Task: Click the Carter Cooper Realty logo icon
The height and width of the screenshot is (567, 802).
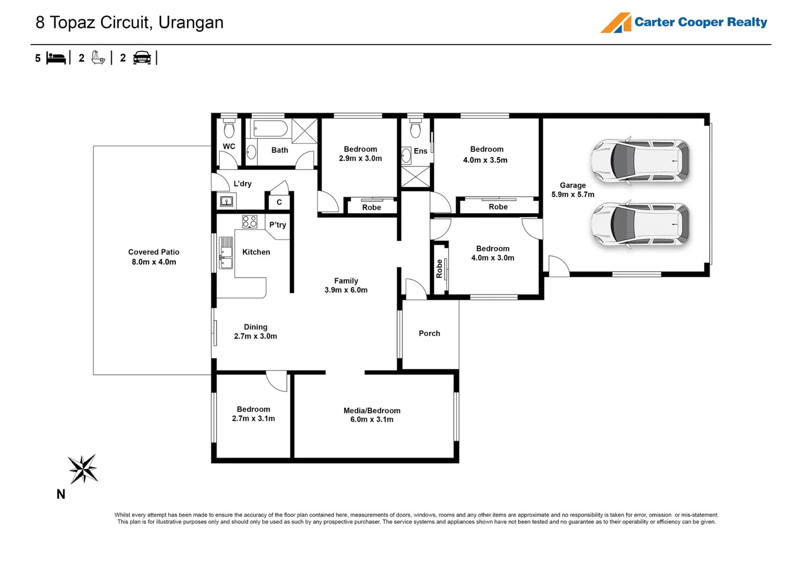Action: [616, 23]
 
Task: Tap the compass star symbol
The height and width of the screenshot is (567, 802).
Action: [83, 469]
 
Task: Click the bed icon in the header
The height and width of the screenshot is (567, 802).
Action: [56, 58]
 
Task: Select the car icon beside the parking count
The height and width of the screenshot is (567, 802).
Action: [142, 58]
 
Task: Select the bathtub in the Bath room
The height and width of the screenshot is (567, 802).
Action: [271, 128]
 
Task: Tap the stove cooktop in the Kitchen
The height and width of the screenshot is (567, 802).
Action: [250, 222]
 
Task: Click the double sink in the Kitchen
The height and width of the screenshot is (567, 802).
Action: [226, 253]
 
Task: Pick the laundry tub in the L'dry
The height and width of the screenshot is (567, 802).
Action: [227, 202]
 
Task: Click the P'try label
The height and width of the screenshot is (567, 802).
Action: [278, 225]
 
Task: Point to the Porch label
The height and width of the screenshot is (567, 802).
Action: [429, 333]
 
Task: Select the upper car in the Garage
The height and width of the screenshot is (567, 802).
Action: [640, 161]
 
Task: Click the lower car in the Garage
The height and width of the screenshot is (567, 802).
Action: [640, 224]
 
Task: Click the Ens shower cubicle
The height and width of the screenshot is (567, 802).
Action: [415, 176]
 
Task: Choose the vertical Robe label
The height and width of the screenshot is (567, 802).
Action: [440, 269]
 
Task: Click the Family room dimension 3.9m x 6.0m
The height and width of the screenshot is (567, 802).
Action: [346, 290]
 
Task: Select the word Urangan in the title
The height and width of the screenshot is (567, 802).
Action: [191, 23]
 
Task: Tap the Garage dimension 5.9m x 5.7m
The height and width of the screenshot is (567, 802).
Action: [573, 195]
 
